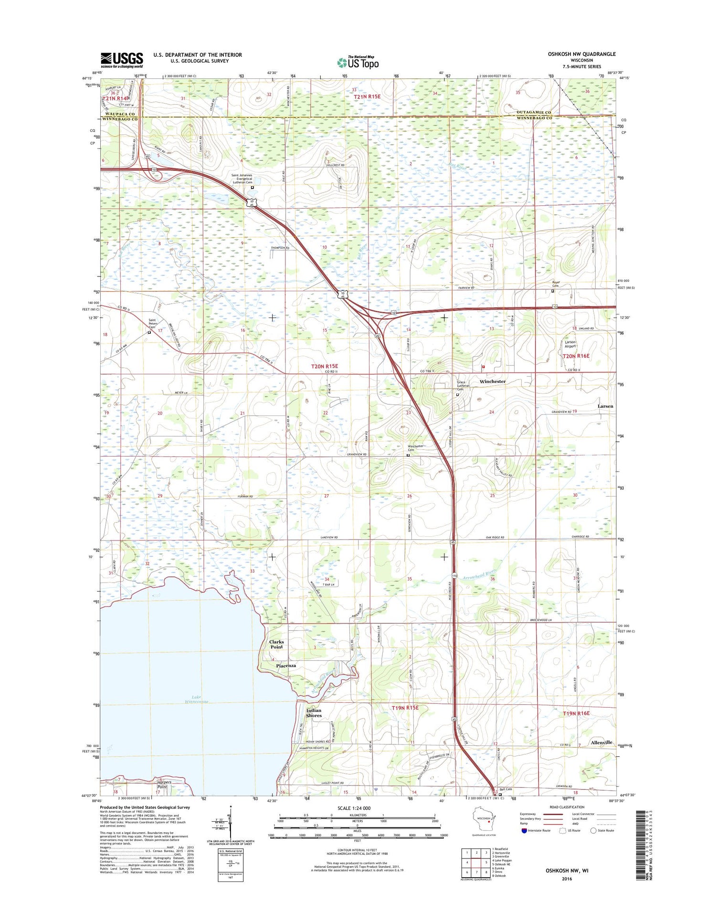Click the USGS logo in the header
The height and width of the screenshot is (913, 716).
tap(122, 60)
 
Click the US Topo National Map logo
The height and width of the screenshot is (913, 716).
tap(358, 62)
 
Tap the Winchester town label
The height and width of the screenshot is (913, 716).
tap(492, 382)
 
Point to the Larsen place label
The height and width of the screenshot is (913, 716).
tap(605, 406)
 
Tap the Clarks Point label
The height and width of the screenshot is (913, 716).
tap(276, 644)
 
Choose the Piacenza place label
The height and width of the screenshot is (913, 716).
tap(286, 666)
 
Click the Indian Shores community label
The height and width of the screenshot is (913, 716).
tap(314, 713)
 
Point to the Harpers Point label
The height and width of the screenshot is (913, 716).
tap(162, 785)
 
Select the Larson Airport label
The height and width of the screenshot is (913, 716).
tap(570, 344)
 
